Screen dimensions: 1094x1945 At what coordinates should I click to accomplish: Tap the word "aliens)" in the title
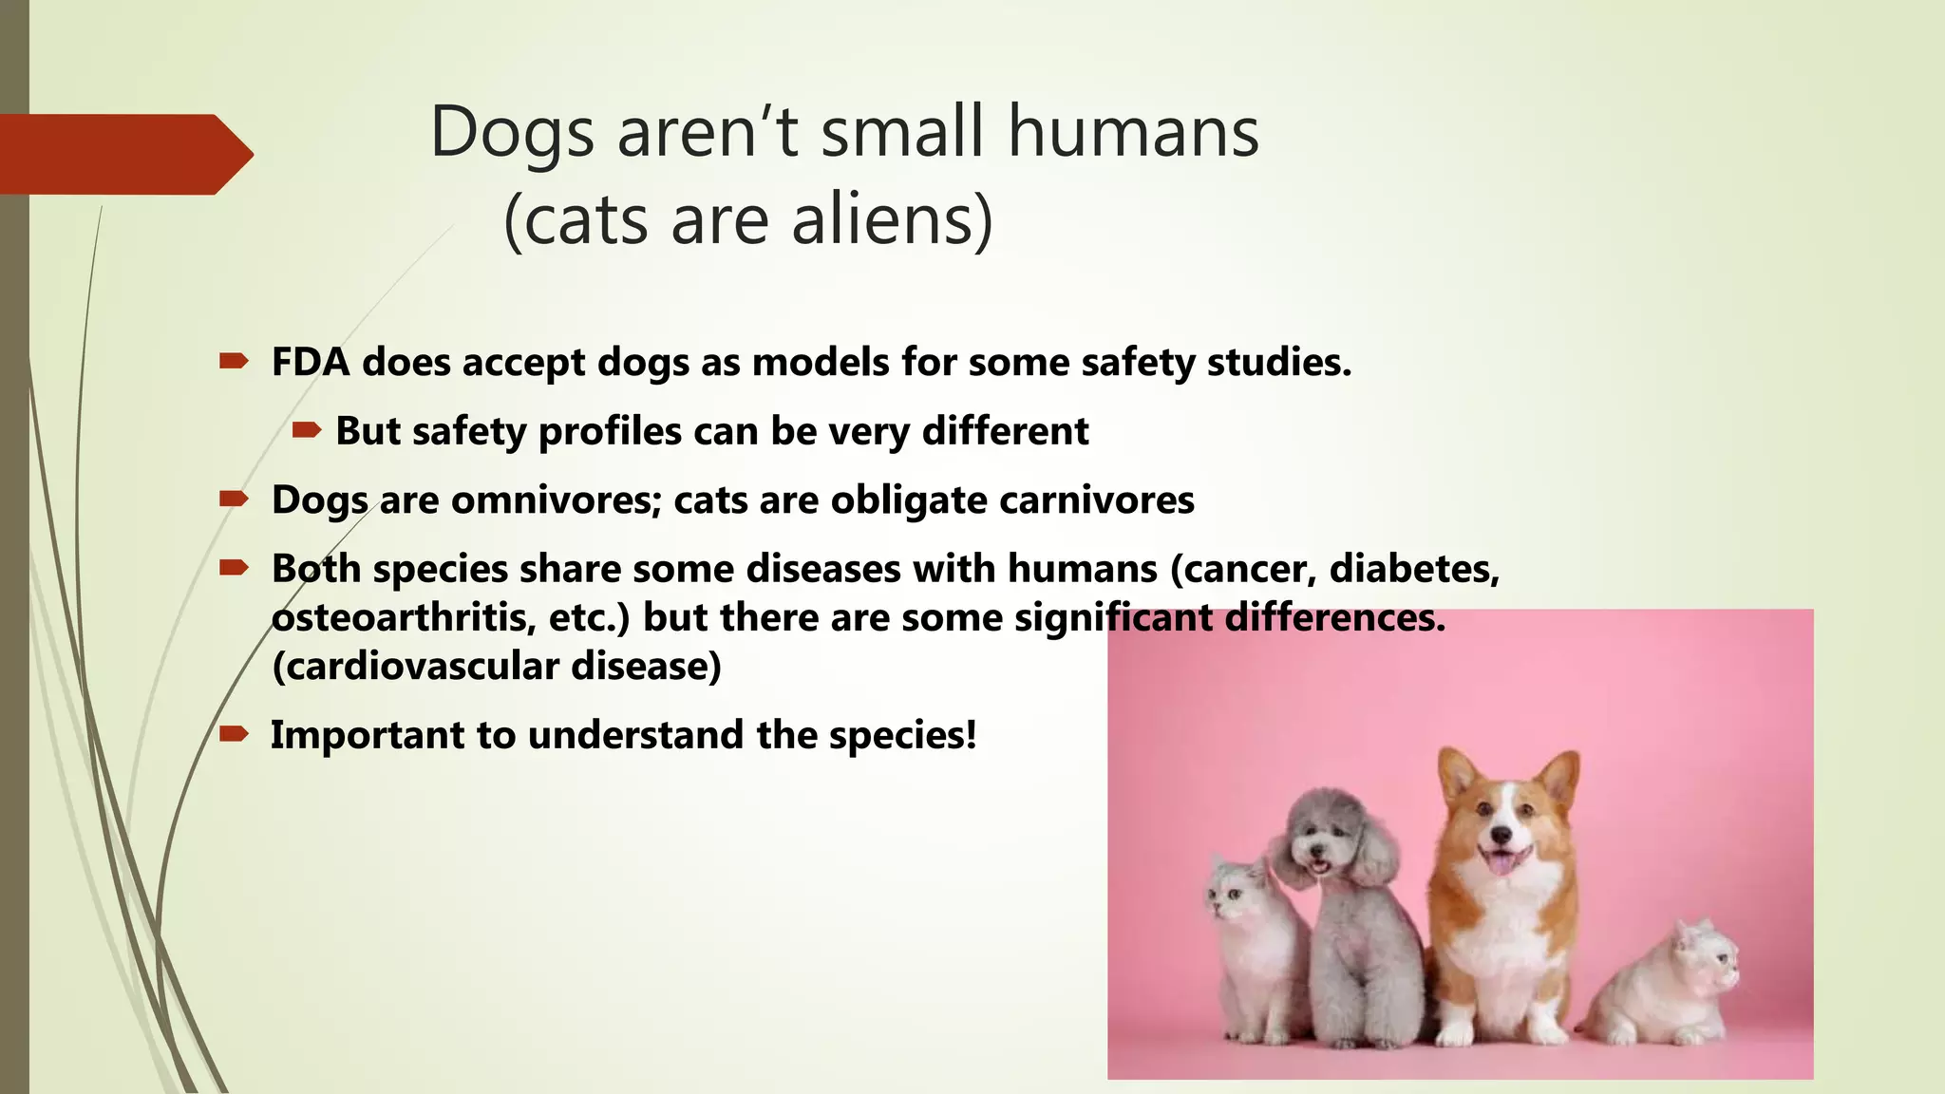point(892,220)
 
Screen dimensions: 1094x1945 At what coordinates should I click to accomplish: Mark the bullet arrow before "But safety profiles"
point(306,431)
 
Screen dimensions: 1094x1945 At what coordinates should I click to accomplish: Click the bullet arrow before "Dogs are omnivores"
point(234,500)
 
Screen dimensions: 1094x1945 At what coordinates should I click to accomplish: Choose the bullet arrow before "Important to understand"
point(234,734)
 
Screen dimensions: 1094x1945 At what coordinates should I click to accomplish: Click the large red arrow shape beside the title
point(123,154)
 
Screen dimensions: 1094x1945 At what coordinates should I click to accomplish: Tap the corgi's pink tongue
point(1500,863)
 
